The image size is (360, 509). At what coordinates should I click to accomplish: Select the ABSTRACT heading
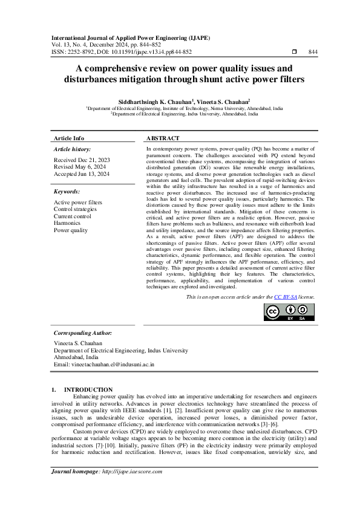(163, 138)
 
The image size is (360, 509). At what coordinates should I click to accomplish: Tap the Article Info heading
(69, 138)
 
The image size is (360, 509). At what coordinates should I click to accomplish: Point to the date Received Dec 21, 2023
(81, 160)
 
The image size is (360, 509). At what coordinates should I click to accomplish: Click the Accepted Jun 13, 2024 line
(82, 174)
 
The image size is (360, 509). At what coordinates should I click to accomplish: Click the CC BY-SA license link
(285, 297)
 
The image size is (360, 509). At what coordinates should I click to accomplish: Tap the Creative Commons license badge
(288, 312)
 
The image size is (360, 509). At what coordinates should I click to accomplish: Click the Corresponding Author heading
(82, 333)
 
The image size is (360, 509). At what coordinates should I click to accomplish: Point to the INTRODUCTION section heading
(88, 390)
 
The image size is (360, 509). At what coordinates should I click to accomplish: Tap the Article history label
(72, 149)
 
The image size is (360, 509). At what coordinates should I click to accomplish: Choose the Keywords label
(67, 191)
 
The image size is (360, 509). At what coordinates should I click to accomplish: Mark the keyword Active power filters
(78, 203)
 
